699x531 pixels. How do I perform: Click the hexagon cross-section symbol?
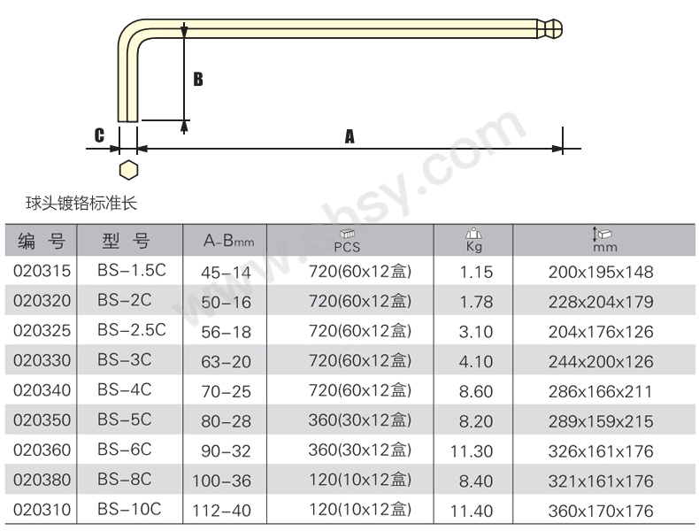click(x=129, y=170)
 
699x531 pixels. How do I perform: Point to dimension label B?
click(x=198, y=80)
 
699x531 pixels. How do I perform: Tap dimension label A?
click(x=350, y=136)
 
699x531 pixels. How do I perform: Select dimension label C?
click(x=99, y=135)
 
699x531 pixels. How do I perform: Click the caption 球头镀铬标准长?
click(x=81, y=204)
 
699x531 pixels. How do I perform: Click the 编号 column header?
click(x=42, y=242)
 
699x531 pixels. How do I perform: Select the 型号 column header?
click(x=126, y=242)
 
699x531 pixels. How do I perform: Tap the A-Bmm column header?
click(x=228, y=242)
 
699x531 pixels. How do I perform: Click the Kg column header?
click(x=473, y=241)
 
